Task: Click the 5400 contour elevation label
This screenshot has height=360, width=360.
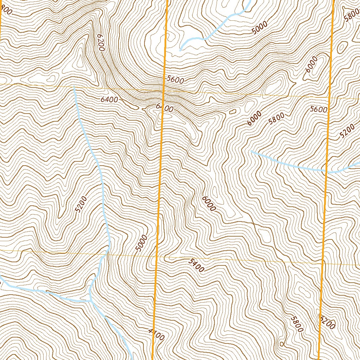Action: pyautogui.click(x=196, y=265)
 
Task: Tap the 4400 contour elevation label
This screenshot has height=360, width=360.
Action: pyautogui.click(x=156, y=334)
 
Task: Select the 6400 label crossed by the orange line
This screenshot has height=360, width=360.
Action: pyautogui.click(x=164, y=108)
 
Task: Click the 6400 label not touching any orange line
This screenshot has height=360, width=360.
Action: pyautogui.click(x=109, y=99)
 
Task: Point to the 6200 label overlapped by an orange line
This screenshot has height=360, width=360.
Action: pyautogui.click(x=327, y=322)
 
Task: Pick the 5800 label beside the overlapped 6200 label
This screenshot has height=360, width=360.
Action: pyautogui.click(x=297, y=323)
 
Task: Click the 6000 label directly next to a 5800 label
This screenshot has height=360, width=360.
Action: pyautogui.click(x=254, y=118)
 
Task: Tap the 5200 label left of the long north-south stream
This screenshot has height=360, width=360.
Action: pyautogui.click(x=81, y=205)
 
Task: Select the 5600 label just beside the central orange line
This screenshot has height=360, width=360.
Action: pyautogui.click(x=175, y=80)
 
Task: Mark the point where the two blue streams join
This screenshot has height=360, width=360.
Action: pyautogui.click(x=90, y=301)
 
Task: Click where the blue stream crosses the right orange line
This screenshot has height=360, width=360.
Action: pyautogui.click(x=326, y=172)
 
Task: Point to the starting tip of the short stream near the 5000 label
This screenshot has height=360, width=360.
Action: pyautogui.click(x=180, y=50)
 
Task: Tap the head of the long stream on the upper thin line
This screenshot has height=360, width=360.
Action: pyautogui.click(x=74, y=86)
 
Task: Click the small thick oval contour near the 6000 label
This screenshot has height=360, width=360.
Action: pyautogui.click(x=232, y=112)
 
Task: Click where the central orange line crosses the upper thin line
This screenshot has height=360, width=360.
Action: pyautogui.click(x=164, y=90)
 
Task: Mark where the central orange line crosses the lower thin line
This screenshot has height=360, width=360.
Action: pyautogui.click(x=157, y=256)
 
